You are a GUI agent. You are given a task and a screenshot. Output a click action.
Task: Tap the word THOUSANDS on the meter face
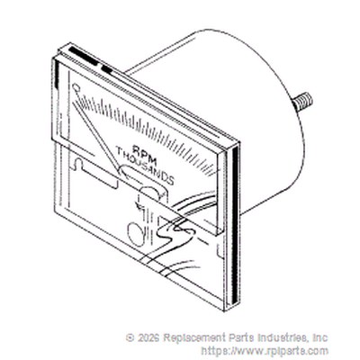[145, 166]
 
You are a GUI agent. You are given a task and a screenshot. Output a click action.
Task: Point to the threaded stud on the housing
[303, 103]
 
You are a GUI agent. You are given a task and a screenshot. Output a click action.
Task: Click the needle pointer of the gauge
[97, 131]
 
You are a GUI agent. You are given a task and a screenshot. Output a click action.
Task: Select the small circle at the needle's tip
[76, 88]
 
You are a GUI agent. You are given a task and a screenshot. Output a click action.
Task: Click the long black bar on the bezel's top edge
[84, 57]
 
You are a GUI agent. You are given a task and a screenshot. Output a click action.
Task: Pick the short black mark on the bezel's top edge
[107, 70]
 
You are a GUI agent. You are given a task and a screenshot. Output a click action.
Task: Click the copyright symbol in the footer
[130, 337]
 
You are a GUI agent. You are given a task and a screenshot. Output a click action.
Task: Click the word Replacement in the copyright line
[194, 338]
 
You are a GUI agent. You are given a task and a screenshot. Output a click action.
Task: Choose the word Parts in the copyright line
[241, 337]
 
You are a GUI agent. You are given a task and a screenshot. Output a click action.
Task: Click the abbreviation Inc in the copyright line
[320, 337]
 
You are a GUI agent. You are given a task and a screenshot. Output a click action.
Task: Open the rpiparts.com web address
[265, 351]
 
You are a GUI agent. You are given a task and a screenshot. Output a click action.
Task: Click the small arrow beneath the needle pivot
[139, 204]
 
